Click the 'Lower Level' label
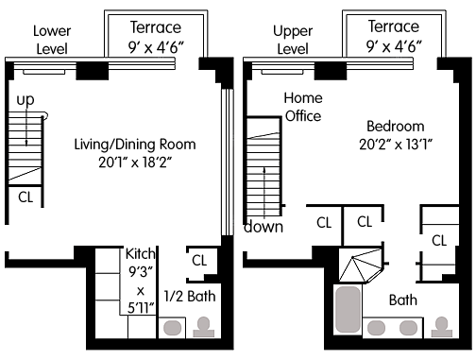(52, 40)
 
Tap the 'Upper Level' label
(293, 40)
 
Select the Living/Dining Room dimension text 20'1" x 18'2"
(135, 163)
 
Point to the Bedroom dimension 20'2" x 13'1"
(396, 145)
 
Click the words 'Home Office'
(303, 107)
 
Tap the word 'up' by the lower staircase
(25, 100)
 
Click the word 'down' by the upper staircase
(263, 227)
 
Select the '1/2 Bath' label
(190, 297)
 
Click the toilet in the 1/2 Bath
(204, 327)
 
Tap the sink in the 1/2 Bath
(173, 328)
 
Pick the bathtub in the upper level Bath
(348, 309)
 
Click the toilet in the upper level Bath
(442, 327)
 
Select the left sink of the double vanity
(376, 328)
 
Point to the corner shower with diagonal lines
(361, 266)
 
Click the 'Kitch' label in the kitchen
(141, 253)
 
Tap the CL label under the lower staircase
(25, 197)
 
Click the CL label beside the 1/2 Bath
(199, 261)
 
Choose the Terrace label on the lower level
(156, 27)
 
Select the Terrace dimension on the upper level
(394, 46)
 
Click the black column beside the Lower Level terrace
(93, 71)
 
